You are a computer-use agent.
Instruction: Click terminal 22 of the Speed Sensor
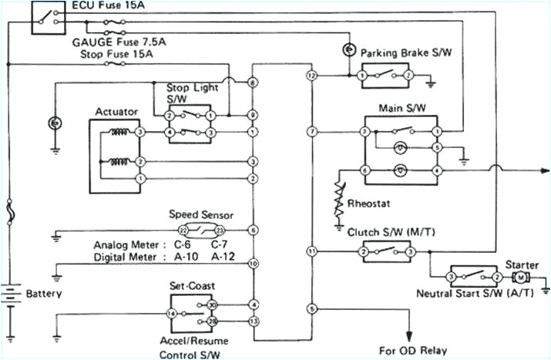click(x=183, y=230)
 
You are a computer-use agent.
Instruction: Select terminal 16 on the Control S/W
click(x=172, y=313)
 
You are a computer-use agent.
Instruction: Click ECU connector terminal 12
click(x=311, y=76)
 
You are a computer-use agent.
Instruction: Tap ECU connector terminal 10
click(x=253, y=264)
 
